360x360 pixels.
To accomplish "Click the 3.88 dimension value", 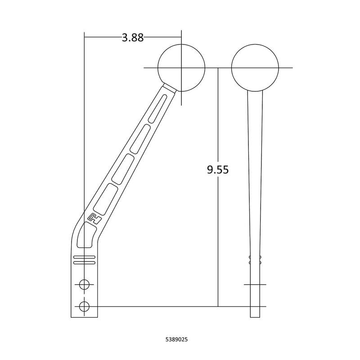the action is (133, 38).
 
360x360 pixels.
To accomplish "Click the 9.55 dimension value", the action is (218, 170).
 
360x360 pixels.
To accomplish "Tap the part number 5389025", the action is (176, 339).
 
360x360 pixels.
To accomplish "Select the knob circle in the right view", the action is (255, 44).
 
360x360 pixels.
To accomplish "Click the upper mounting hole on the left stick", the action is (84, 285).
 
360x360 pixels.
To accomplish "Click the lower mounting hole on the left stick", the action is (84, 306).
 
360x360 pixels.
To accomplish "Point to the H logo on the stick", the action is (95, 218).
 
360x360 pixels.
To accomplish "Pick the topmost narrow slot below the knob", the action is (157, 108).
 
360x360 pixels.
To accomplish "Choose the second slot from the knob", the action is (141, 139).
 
